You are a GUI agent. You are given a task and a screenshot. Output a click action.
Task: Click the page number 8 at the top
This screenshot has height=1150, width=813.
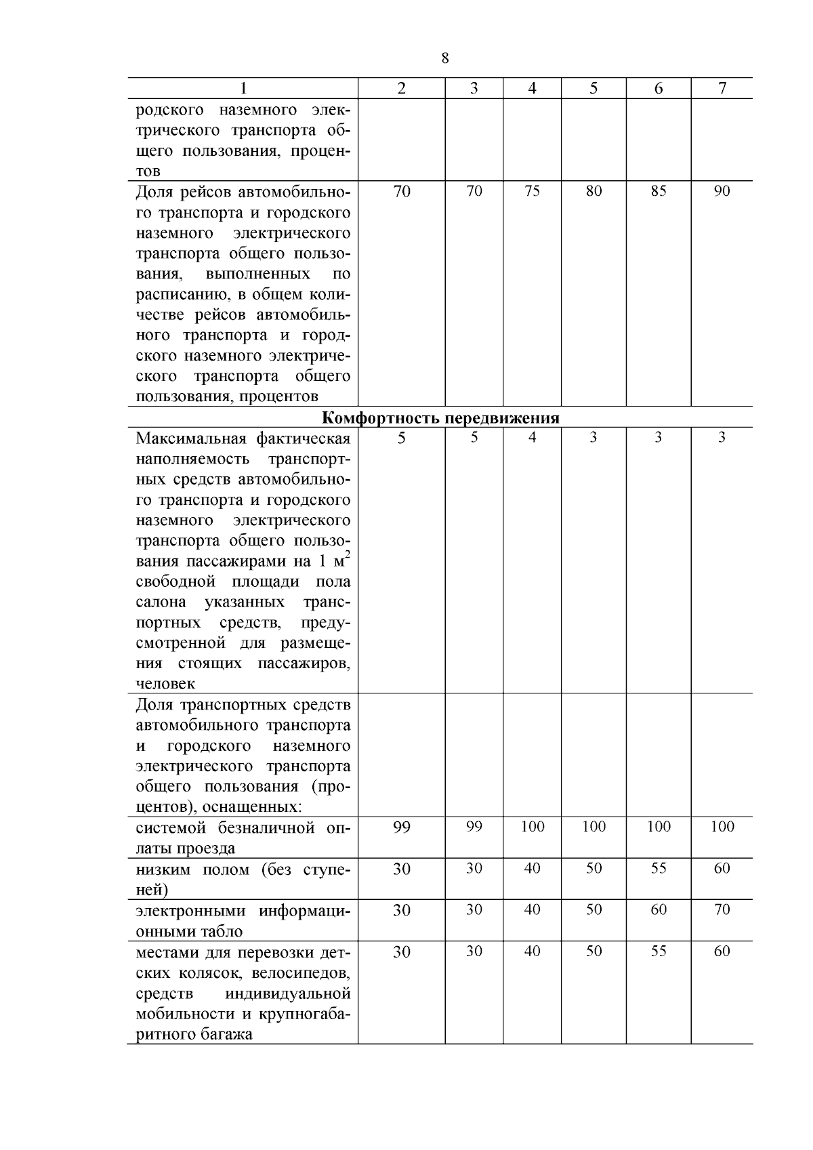444,58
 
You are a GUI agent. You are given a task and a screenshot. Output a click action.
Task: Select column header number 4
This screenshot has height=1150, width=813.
532,89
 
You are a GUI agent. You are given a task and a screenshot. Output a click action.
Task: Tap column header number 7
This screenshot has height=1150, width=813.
722,89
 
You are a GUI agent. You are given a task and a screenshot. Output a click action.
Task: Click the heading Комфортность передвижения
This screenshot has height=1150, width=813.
440,417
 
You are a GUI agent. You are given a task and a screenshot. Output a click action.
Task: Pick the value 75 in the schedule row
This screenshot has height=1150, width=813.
532,191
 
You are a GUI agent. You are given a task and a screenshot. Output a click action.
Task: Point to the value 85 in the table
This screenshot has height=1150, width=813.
658,191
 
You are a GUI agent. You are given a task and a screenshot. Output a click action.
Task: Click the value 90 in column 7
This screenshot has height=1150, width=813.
722,191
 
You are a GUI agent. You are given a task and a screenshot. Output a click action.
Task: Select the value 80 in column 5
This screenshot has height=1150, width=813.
593,191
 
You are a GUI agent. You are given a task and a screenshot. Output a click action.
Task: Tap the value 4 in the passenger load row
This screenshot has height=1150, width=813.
532,438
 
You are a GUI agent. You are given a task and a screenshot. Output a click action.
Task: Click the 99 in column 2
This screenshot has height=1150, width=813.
402,827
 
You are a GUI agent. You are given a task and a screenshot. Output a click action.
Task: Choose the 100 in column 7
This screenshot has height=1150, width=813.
722,827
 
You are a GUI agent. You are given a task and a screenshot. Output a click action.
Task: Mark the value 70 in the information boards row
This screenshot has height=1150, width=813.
722,909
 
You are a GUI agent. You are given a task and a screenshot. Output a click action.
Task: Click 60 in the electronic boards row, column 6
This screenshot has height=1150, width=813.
658,909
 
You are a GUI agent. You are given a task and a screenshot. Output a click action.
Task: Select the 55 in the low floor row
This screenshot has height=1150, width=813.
658,868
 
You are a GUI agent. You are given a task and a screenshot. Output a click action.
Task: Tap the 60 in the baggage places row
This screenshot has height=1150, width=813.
722,951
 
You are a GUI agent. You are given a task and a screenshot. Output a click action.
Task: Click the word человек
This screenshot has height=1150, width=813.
165,684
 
